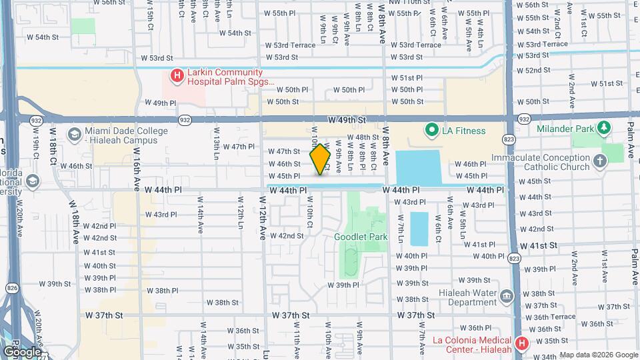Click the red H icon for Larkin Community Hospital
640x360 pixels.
177,76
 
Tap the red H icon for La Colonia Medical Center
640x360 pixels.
521,344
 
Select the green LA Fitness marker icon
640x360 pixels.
431,131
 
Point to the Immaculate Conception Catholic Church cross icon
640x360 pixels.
599,161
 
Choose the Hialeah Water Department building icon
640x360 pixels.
506,295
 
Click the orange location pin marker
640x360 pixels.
321,159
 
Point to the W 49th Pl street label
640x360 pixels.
160,103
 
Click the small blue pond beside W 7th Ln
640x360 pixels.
419,228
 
